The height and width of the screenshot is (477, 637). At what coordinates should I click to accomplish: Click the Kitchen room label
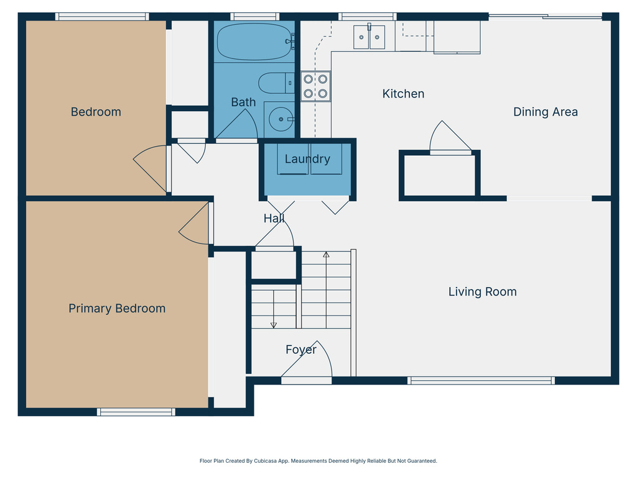point(403,94)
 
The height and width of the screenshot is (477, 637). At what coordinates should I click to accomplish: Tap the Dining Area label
point(545,112)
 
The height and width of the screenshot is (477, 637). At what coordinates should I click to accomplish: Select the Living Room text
point(482,291)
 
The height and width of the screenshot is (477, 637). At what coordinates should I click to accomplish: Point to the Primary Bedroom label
point(117,308)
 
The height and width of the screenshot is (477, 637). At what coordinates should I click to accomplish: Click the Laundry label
point(307,159)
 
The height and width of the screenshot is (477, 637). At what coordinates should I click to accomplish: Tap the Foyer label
point(301,350)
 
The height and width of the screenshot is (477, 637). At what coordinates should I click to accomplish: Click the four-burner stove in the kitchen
point(315,86)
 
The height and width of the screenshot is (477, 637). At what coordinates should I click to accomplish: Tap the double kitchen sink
point(369,37)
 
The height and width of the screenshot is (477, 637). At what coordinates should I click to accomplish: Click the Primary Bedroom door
point(195,225)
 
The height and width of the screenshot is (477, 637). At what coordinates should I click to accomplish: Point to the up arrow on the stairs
point(326,254)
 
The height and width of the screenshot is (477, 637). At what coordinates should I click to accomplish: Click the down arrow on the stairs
point(273,324)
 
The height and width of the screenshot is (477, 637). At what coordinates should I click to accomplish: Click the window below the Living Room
point(480,380)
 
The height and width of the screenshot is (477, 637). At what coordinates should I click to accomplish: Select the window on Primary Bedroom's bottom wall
point(136,411)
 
